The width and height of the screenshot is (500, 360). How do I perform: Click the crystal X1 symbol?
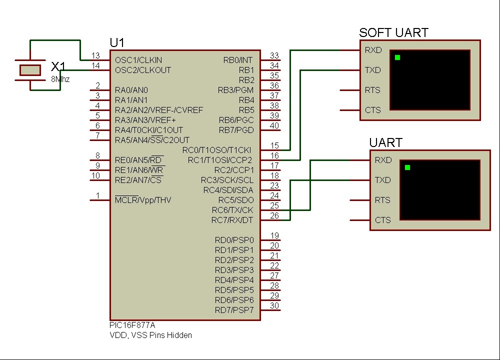click(30, 70)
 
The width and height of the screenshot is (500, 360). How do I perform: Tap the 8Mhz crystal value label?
click(60, 79)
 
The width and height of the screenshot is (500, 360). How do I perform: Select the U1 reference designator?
click(117, 42)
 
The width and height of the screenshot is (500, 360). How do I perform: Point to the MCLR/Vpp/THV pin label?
click(143, 200)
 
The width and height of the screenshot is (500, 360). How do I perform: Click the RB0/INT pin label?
click(238, 60)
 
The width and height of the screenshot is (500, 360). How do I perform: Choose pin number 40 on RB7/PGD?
click(274, 125)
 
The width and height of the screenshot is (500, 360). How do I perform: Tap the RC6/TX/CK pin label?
click(232, 210)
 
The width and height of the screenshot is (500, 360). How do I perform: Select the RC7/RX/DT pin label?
click(232, 220)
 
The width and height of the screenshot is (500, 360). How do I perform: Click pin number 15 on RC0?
click(274, 145)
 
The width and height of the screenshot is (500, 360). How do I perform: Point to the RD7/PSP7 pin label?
click(234, 310)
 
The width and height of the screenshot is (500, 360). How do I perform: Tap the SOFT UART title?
click(393, 33)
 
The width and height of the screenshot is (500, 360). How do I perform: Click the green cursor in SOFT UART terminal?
click(397, 57)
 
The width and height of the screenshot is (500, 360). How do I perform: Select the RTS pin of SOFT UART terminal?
click(372, 90)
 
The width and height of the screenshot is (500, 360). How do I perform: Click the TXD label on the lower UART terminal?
click(382, 180)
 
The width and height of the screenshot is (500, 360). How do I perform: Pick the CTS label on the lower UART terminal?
click(382, 220)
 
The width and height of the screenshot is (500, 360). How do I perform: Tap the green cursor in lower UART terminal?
click(407, 167)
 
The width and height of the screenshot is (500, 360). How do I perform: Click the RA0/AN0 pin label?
click(131, 90)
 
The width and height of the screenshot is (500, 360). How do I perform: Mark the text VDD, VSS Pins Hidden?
click(150, 335)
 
